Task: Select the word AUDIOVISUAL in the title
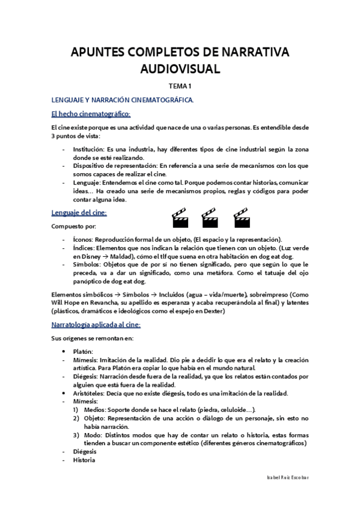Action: coord(180,69)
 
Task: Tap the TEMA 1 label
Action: coord(180,87)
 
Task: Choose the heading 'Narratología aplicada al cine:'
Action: coord(96,325)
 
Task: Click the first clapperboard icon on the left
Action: coord(180,218)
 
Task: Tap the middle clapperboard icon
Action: coord(209,218)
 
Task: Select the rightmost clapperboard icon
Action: coord(241,218)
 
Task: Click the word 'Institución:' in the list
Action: coord(88,149)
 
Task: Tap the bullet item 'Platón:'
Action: coord(84,351)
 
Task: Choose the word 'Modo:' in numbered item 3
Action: coord(93,434)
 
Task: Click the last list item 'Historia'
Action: coord(84,460)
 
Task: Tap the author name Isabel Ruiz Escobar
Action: coord(287,476)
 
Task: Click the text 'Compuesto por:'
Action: coord(71,226)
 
